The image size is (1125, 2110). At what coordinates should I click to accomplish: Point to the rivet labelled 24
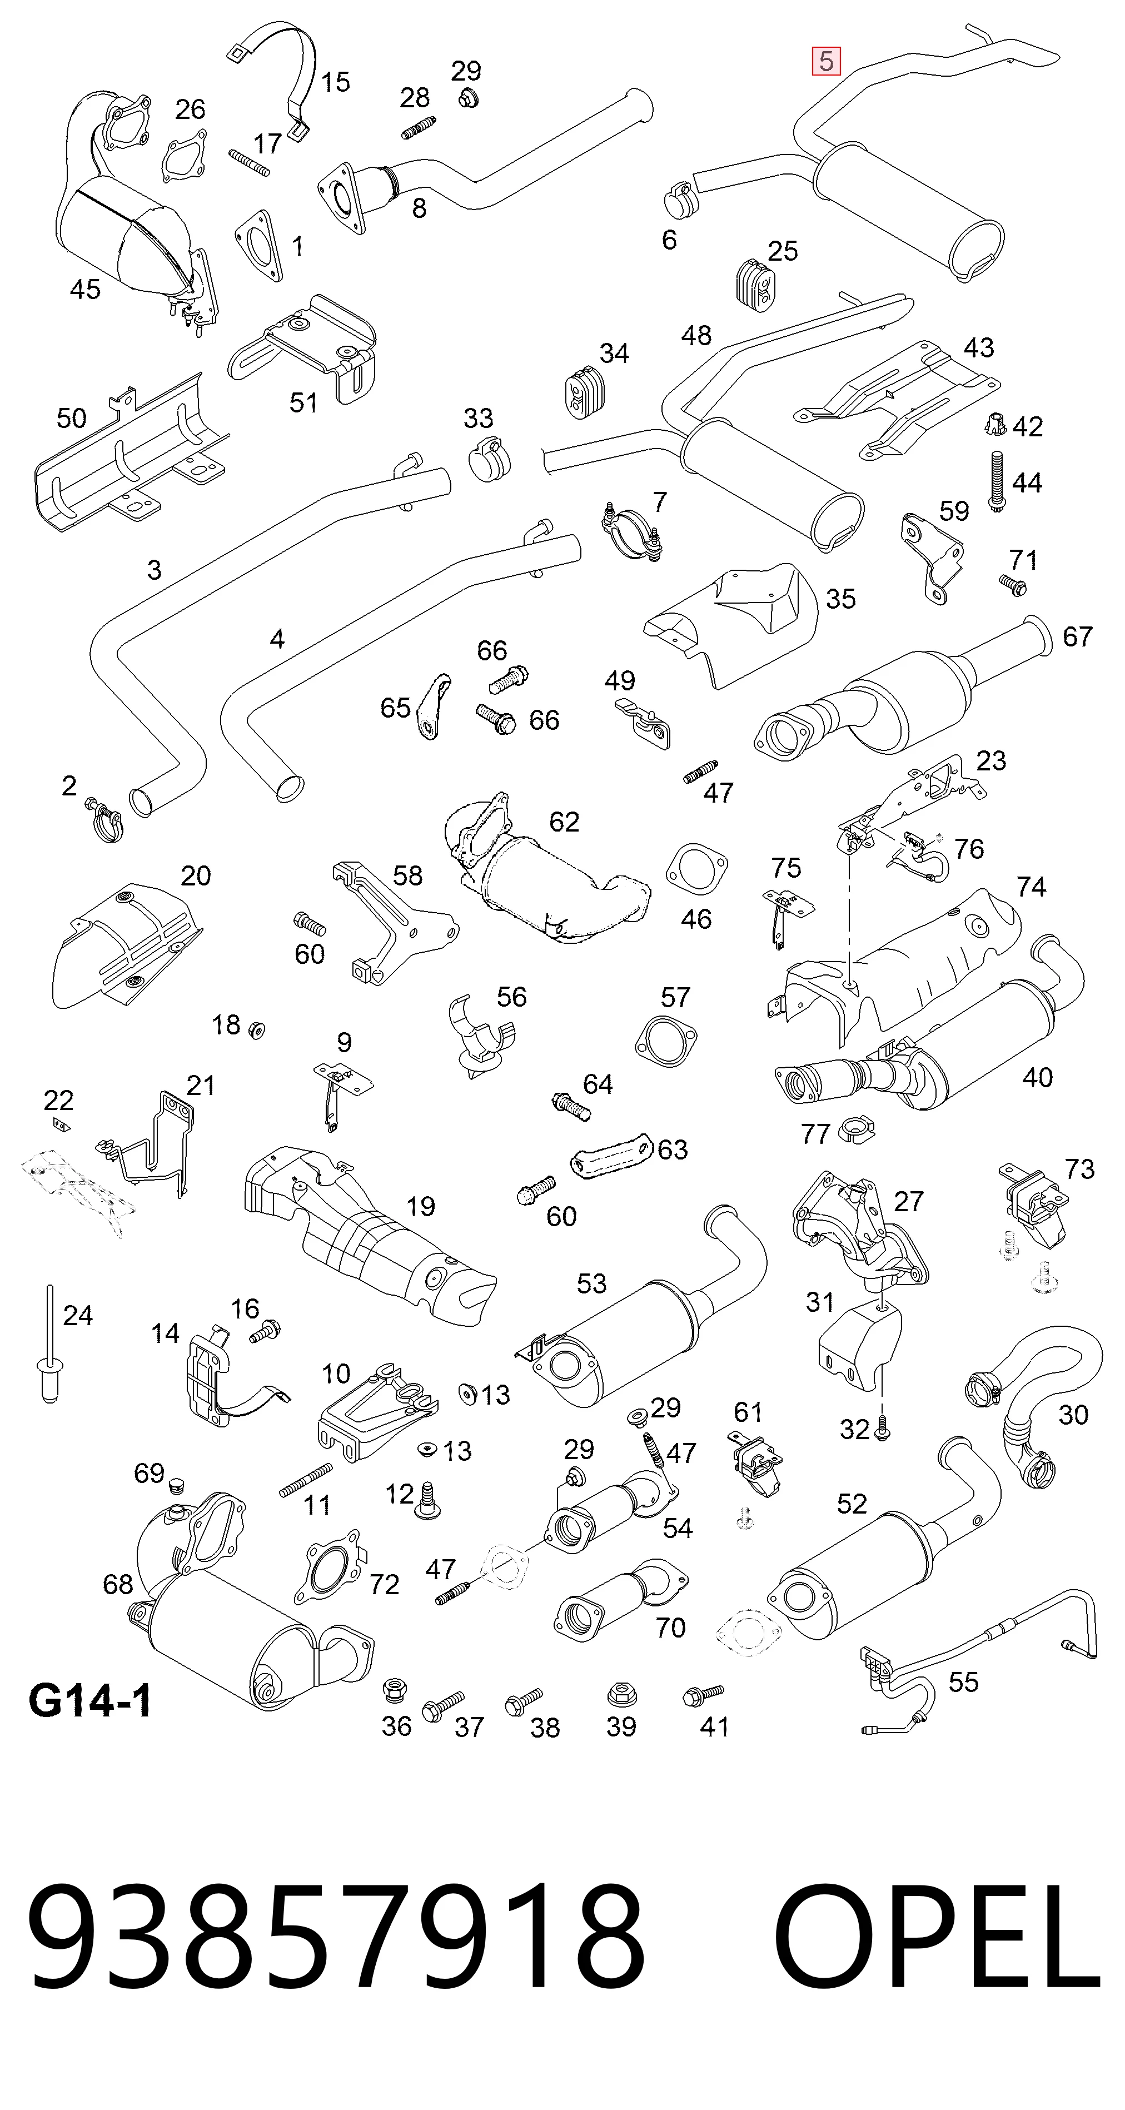(x=50, y=1344)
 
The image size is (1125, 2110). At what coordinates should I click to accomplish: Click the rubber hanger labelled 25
(x=753, y=281)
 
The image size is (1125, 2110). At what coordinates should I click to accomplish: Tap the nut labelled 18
(x=256, y=1029)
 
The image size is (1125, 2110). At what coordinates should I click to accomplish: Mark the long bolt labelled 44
(x=997, y=481)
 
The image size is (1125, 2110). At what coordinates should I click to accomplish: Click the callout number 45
(x=85, y=289)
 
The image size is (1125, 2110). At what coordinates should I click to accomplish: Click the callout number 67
(x=1078, y=636)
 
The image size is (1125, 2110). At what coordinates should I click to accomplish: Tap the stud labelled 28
(x=419, y=128)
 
